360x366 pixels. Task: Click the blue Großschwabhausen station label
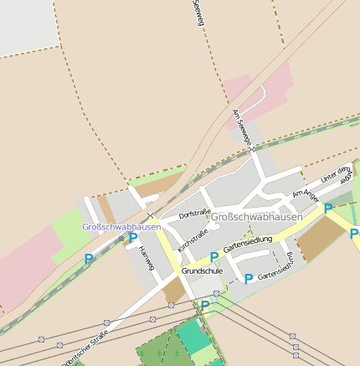coord(121,227)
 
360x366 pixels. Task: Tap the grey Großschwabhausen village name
coord(257,217)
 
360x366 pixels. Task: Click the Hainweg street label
coord(148,248)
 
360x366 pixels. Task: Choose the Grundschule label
coord(202,271)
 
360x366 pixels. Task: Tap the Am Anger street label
coord(305,193)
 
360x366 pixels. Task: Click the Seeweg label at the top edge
coord(198,12)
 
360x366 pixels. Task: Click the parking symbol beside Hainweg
coord(132,238)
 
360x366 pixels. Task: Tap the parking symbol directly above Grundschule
coord(214,257)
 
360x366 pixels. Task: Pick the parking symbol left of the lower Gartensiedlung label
coord(248,278)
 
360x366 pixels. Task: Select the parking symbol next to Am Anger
coord(328,208)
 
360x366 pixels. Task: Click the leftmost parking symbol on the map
coord(89,260)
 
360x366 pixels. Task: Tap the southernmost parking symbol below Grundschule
coord(204,306)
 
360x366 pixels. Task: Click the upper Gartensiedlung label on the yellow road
coord(249,242)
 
